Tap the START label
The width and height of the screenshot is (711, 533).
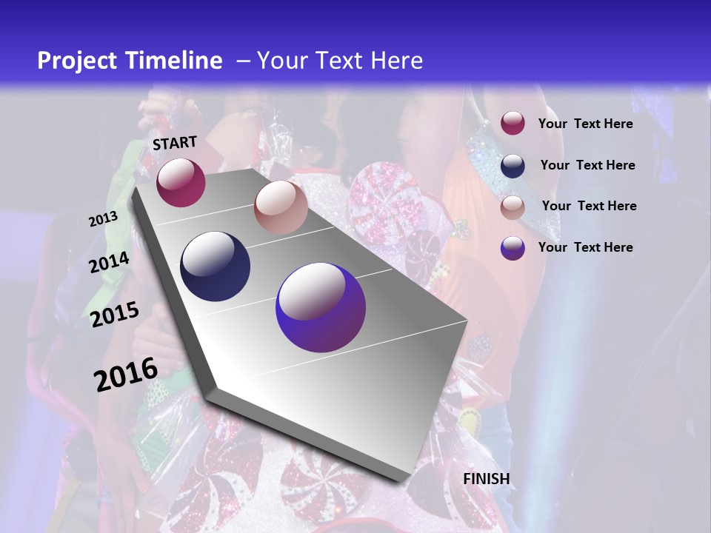175,143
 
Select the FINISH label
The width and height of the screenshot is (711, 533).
487,479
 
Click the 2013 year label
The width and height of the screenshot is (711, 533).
104,219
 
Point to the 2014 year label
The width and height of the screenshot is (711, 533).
109,262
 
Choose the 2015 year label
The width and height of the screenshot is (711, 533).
115,315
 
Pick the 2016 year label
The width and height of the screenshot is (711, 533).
126,374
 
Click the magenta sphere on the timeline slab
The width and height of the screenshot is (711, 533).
181,182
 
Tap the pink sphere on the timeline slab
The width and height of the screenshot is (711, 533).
281,207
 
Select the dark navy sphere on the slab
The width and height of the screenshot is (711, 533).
216,266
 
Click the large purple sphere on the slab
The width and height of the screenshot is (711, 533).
321,307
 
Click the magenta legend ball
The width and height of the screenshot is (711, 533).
513,123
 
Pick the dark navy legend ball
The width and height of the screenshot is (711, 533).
513,165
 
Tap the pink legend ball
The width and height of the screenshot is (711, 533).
513,207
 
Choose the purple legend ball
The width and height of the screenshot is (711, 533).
513,248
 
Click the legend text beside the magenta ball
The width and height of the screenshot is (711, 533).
585,124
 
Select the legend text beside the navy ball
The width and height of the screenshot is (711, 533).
587,165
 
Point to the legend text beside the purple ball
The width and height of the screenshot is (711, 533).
585,247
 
